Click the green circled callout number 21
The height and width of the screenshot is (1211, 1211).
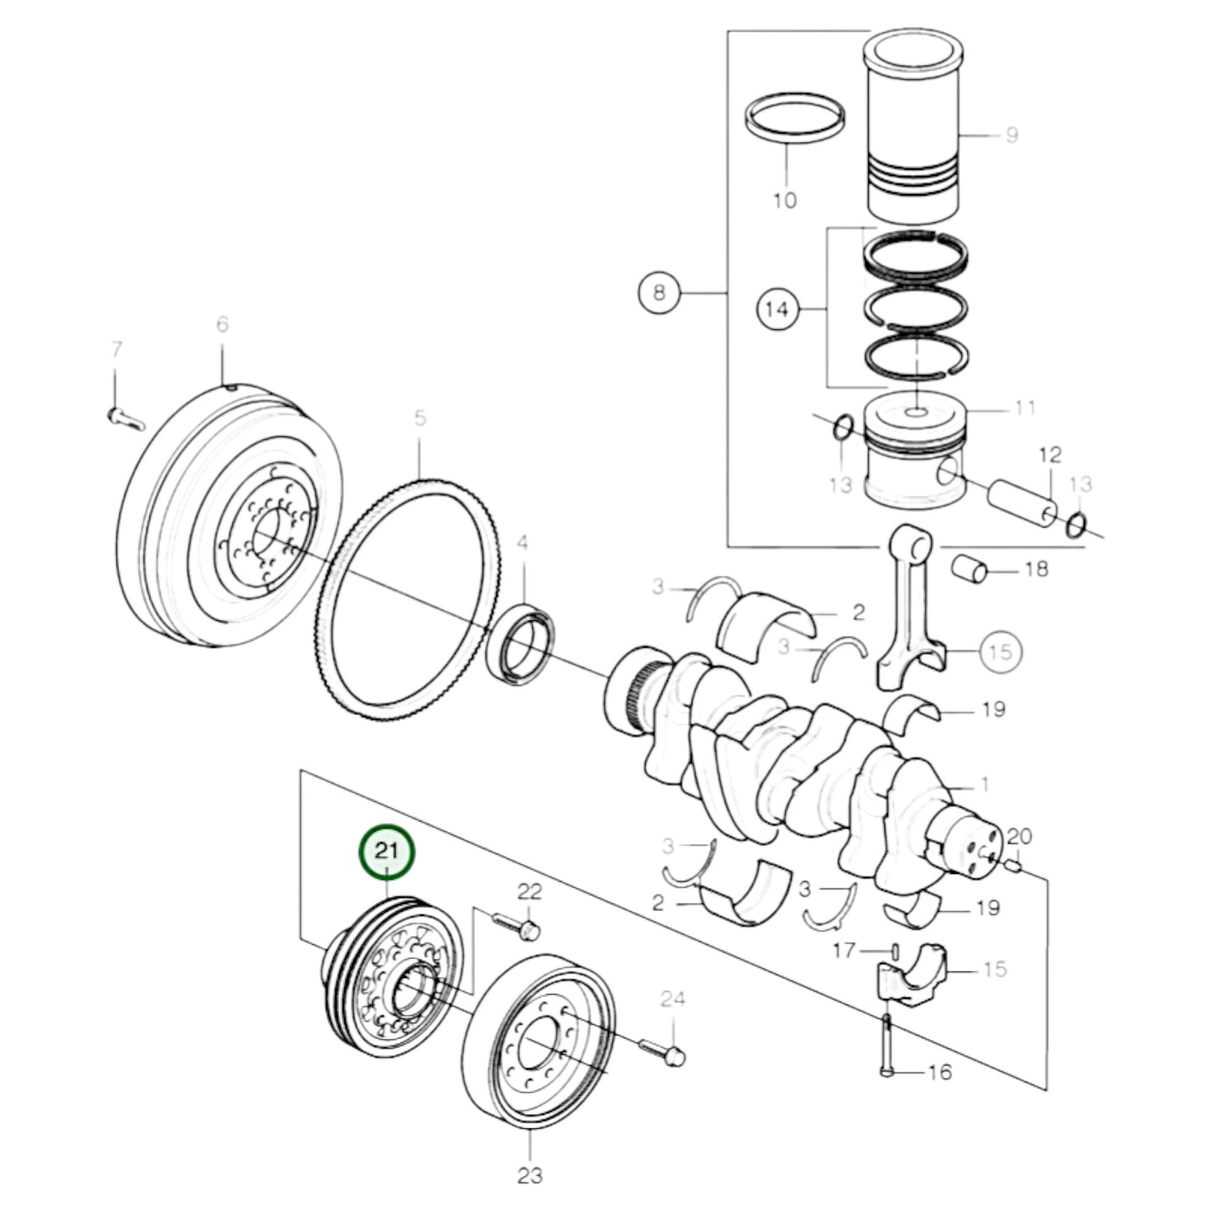386,852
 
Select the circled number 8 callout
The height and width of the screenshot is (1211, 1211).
659,292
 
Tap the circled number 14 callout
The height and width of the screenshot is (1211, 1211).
778,309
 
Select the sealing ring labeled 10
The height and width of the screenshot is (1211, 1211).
793,119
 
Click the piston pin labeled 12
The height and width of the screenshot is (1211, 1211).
1022,503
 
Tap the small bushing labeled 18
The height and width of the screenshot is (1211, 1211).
969,568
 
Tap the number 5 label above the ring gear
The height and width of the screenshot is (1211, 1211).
420,417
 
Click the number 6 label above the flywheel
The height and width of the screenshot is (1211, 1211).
222,324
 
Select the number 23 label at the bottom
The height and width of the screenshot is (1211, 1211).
530,1175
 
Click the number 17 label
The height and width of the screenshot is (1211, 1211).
844,950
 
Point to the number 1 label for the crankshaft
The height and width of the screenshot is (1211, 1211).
985,784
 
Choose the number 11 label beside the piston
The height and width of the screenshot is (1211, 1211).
1024,408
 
